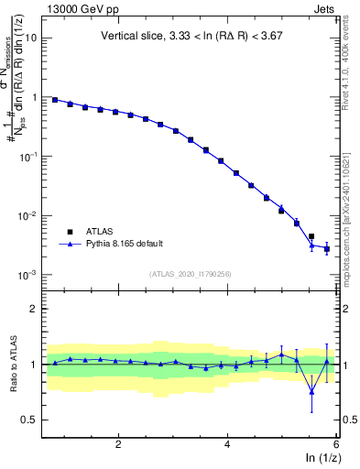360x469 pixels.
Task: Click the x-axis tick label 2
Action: [118, 444]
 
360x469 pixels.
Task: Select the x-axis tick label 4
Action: [227, 444]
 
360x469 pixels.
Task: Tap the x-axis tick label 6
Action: [336, 444]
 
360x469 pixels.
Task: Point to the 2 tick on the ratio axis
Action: [33, 309]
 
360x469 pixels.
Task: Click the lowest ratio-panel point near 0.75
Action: [311, 392]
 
